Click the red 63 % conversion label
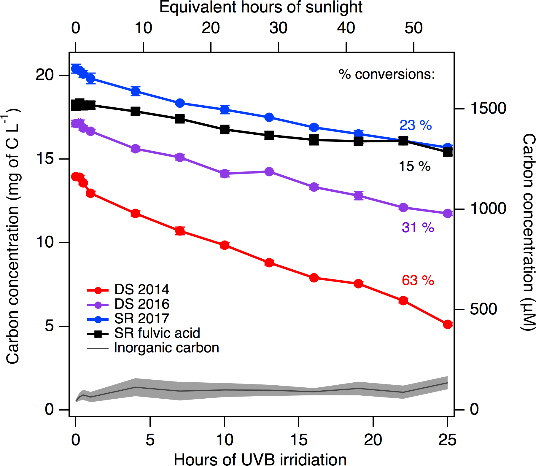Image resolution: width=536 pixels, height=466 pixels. tap(418, 280)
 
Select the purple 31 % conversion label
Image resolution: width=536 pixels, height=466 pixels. tap(418, 228)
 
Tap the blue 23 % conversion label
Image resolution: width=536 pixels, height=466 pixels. tap(415, 125)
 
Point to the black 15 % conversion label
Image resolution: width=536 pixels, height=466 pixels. tap(414, 166)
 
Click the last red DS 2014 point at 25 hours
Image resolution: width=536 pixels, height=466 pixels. tap(448, 325)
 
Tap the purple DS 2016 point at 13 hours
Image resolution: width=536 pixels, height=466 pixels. tap(269, 171)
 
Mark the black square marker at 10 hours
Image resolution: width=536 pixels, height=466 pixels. tap(225, 129)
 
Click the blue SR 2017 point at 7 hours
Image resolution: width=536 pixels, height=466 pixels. tap(180, 103)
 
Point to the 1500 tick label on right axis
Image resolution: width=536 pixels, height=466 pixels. tap(488, 108)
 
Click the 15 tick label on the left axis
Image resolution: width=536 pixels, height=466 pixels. tap(44, 159)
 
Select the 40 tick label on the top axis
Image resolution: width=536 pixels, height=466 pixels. tap(346, 28)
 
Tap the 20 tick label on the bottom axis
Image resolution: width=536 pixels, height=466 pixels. tap(373, 440)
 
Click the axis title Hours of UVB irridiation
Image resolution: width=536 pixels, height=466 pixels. tap(260, 459)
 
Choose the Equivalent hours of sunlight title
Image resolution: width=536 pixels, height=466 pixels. tap(261, 7)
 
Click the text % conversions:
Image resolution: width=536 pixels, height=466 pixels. tap(387, 74)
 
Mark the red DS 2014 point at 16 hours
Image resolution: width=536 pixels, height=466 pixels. tap(314, 278)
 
